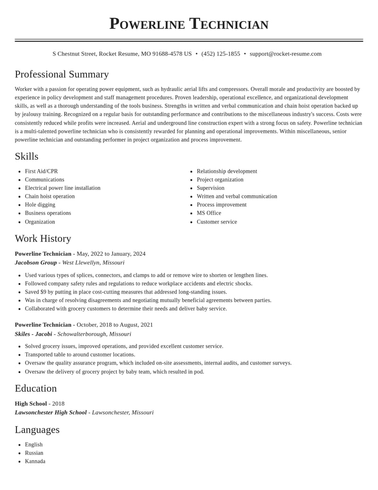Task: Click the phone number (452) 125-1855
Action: click(221, 54)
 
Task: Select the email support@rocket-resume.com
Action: click(285, 54)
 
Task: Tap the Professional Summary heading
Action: click(62, 74)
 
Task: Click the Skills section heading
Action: click(26, 156)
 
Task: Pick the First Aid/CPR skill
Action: click(41, 171)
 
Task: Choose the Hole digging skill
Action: click(40, 205)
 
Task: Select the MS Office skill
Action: click(209, 213)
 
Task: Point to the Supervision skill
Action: click(210, 188)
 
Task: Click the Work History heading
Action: click(43, 239)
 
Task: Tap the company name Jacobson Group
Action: click(36, 262)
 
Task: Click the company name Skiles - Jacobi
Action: click(34, 334)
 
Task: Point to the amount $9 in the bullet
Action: click(43, 292)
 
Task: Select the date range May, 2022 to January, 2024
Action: click(111, 254)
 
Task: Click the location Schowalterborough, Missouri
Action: click(94, 334)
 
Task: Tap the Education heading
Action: click(36, 388)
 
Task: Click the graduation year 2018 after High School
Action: click(58, 404)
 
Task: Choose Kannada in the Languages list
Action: click(35, 461)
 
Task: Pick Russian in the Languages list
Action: click(34, 453)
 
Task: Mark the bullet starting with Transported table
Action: click(80, 355)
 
